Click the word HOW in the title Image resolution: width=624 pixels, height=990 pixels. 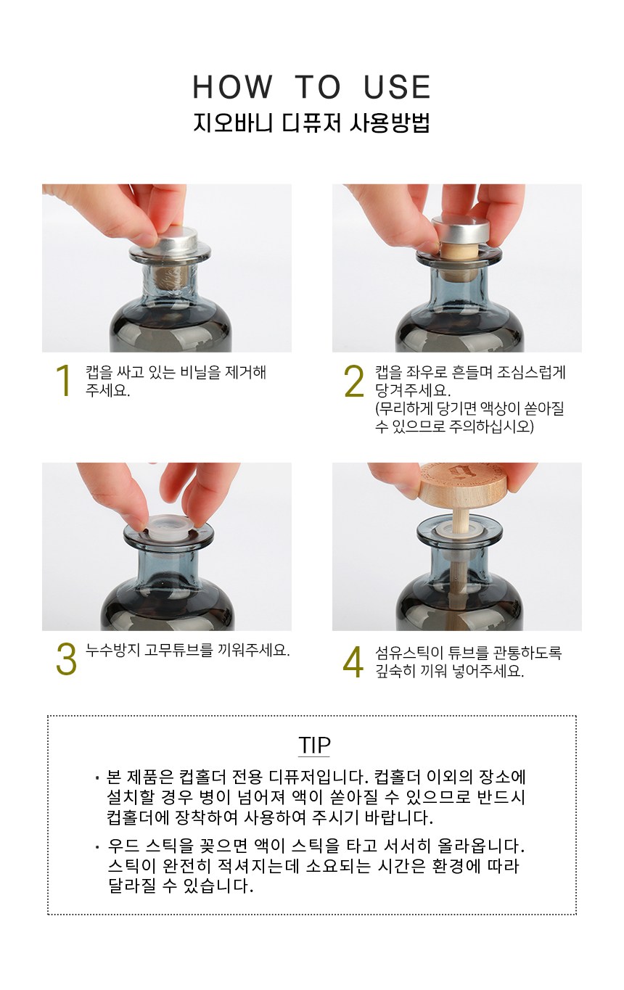point(233,86)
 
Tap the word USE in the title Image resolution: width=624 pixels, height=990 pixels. point(397,86)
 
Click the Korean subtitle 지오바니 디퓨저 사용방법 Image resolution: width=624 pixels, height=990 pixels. point(311,123)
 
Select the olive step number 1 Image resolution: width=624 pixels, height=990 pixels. point(64,380)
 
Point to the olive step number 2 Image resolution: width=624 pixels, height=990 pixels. point(354,381)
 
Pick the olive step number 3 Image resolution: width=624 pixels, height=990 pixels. point(66,659)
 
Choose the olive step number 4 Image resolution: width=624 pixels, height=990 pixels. point(353,661)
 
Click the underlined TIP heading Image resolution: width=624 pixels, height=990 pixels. point(314,745)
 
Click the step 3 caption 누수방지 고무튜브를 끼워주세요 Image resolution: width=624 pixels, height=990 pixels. point(187,650)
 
